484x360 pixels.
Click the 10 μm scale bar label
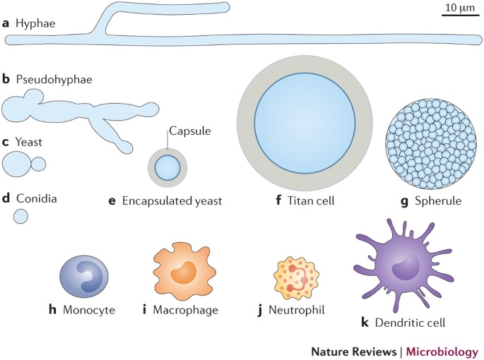459,8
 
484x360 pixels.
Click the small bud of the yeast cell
39,164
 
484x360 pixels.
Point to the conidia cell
21,216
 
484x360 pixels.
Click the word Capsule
186,131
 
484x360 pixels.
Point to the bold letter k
365,323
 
